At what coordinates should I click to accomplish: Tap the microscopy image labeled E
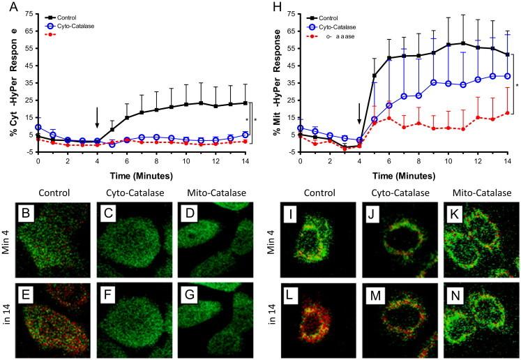click(x=59, y=315)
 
